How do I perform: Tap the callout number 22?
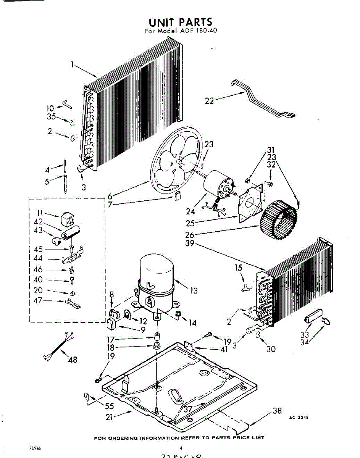pyautogui.click(x=210, y=101)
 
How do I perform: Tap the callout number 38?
pyautogui.click(x=277, y=411)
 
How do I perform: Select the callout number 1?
pyautogui.click(x=72, y=65)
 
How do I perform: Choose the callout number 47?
pyautogui.click(x=38, y=301)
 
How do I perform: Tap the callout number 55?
pyautogui.click(x=110, y=406)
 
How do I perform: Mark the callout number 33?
pyautogui.click(x=305, y=335)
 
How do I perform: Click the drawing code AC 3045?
pyautogui.click(x=299, y=418)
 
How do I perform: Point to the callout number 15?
pyautogui.click(x=239, y=268)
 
